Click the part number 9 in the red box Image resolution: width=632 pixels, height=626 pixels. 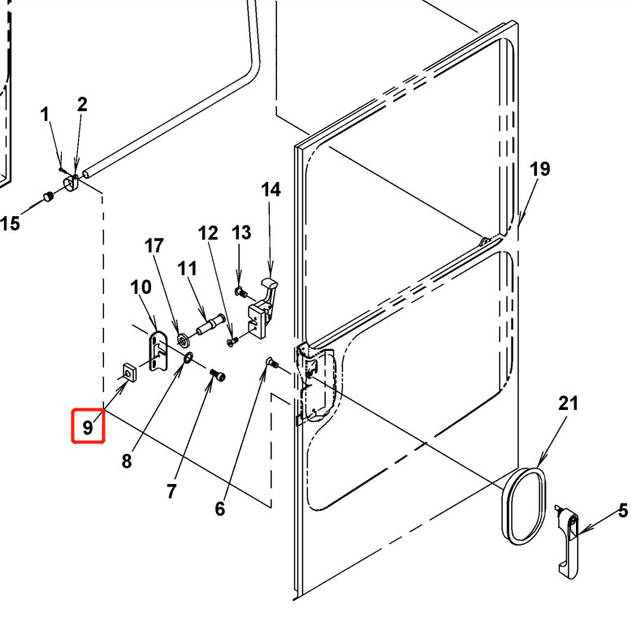tap(88, 425)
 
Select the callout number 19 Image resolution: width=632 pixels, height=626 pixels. tap(540, 169)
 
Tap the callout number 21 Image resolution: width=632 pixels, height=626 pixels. tap(569, 404)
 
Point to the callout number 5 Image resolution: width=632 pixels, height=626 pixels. tap(623, 511)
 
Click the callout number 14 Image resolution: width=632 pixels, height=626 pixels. tap(271, 190)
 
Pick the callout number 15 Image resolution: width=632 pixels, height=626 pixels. tap(10, 222)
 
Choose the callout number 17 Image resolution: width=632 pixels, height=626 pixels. tap(154, 245)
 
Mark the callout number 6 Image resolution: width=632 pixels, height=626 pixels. tap(219, 509)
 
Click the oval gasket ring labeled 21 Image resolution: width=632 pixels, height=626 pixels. tap(523, 503)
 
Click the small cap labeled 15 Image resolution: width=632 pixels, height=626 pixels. tap(48, 196)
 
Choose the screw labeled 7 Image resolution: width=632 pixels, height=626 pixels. tap(218, 376)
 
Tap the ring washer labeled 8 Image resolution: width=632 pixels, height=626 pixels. tap(187, 358)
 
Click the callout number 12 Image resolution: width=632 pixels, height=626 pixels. tap(209, 234)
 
